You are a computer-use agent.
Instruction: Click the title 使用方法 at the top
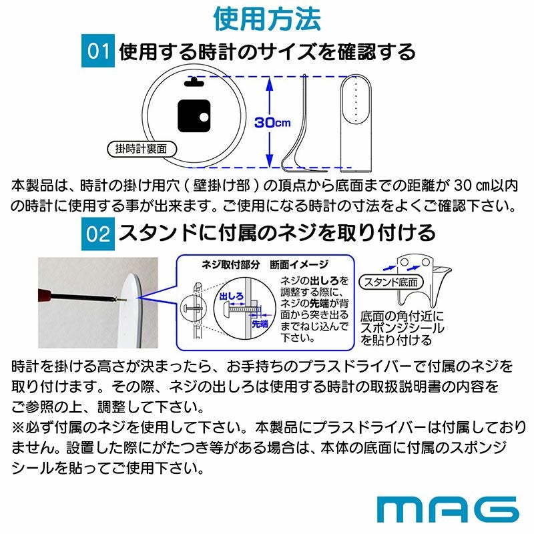pos(267,18)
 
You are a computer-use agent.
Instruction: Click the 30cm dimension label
pos(272,123)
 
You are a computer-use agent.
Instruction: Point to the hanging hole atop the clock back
pos(194,82)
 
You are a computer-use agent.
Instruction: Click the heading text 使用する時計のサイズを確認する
pos(267,51)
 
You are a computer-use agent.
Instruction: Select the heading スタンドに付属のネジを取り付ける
pos(277,233)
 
